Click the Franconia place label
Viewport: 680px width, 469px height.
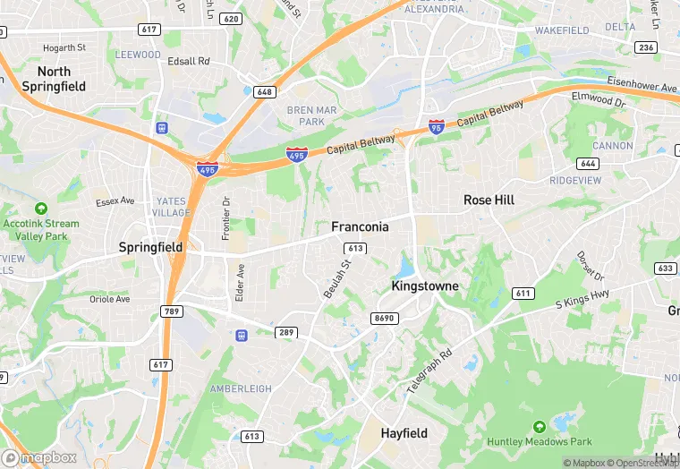coord(360,226)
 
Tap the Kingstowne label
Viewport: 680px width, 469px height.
coord(425,286)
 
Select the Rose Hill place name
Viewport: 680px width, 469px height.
coord(489,200)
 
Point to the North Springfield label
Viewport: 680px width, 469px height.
coord(54,79)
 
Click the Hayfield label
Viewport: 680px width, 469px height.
coord(404,433)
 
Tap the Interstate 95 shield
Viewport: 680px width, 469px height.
coord(437,127)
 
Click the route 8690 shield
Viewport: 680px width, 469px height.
coord(384,318)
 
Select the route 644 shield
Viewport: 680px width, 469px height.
coord(588,164)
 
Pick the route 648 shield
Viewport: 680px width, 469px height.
coord(263,91)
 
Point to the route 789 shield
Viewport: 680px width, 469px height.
coord(172,311)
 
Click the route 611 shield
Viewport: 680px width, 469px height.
coord(523,293)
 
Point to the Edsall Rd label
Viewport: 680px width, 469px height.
coord(189,61)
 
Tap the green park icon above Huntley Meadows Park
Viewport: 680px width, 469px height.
coord(539,427)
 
